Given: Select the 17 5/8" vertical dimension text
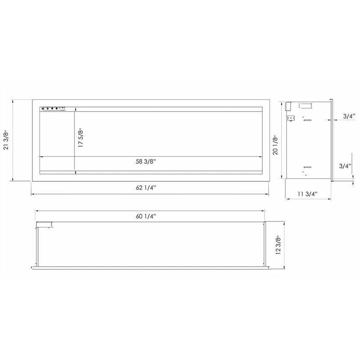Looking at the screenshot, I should (81, 138).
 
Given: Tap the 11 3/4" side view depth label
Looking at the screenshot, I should (308, 194).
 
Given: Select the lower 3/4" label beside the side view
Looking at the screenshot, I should (346, 166).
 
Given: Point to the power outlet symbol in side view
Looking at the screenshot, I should (291, 119).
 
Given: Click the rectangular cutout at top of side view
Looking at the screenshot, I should (306, 106).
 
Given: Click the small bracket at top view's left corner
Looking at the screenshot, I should (45, 225).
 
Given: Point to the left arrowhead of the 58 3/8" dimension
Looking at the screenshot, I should (42, 156).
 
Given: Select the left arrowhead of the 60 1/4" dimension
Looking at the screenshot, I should (37, 211).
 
